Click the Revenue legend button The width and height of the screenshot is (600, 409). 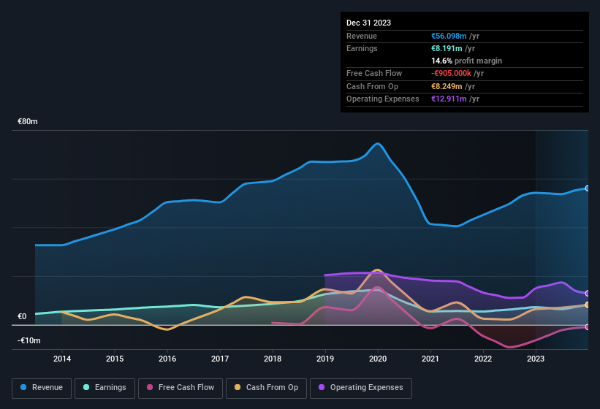tap(42, 387)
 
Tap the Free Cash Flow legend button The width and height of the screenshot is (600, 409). tap(181, 387)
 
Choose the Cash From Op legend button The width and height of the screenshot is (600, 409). tap(267, 387)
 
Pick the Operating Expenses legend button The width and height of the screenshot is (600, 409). tap(361, 387)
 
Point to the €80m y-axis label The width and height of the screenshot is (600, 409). tap(28, 121)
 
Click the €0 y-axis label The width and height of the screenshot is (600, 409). tap(22, 316)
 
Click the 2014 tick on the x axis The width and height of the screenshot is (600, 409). tap(62, 359)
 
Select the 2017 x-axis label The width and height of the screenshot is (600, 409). tap(220, 359)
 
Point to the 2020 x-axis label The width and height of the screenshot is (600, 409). tap(378, 359)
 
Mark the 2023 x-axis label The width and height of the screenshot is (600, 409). tap(536, 359)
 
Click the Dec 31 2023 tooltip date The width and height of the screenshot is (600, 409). tap(368, 23)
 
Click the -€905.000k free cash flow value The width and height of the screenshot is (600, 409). tap(452, 73)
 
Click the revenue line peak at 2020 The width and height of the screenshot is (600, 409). tap(378, 143)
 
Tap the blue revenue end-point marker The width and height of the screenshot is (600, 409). tap(587, 188)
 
